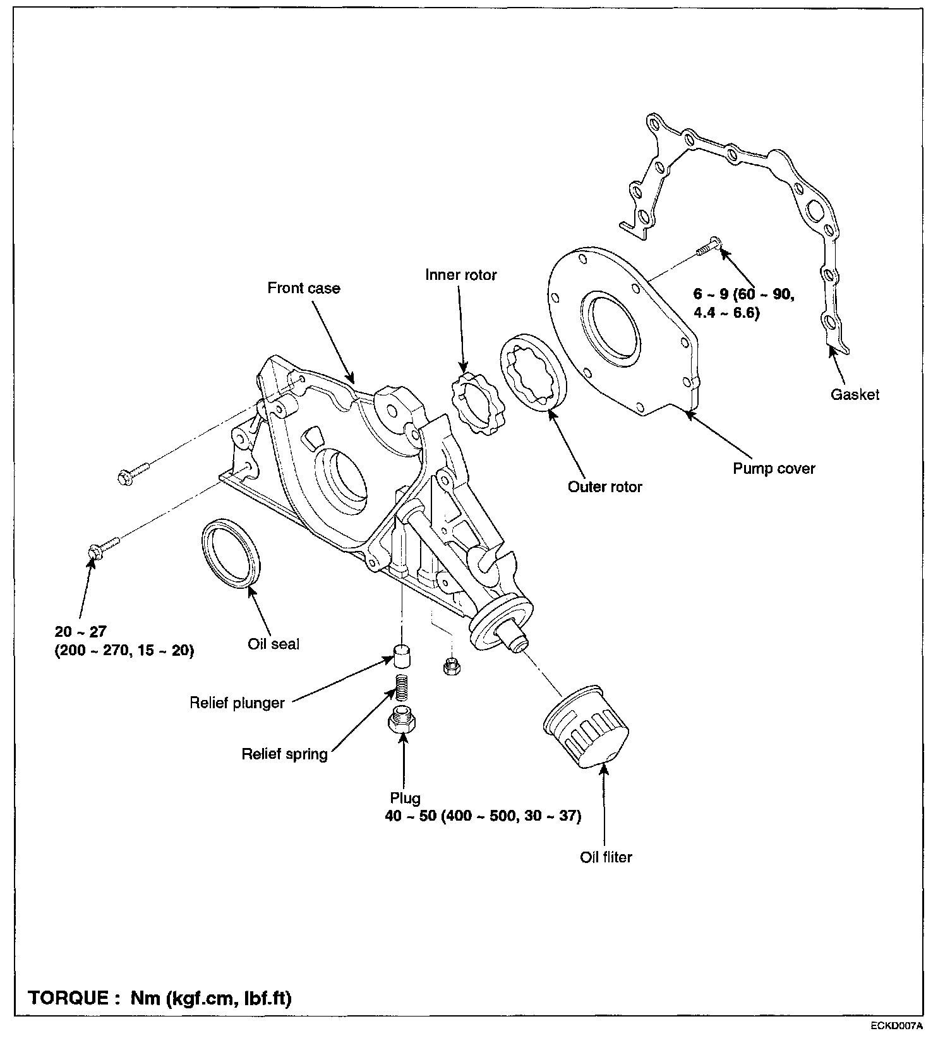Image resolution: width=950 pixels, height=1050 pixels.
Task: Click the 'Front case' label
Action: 303,289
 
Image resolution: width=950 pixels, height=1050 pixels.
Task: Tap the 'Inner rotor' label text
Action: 460,275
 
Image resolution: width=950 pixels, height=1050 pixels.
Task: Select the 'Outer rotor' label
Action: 604,487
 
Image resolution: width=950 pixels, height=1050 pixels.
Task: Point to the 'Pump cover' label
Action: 774,469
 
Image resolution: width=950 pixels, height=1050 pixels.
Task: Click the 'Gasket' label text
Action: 855,395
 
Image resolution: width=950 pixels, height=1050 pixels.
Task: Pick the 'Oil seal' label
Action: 274,644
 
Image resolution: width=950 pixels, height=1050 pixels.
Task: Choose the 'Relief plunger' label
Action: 237,703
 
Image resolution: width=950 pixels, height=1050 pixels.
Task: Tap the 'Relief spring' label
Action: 284,754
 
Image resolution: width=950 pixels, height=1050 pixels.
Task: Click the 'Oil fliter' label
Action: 606,857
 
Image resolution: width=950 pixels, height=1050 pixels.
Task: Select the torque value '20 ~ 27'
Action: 81,631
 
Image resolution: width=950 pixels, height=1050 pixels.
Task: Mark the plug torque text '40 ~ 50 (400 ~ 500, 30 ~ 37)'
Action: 483,816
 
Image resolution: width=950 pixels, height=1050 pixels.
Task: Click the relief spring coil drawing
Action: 400,687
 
